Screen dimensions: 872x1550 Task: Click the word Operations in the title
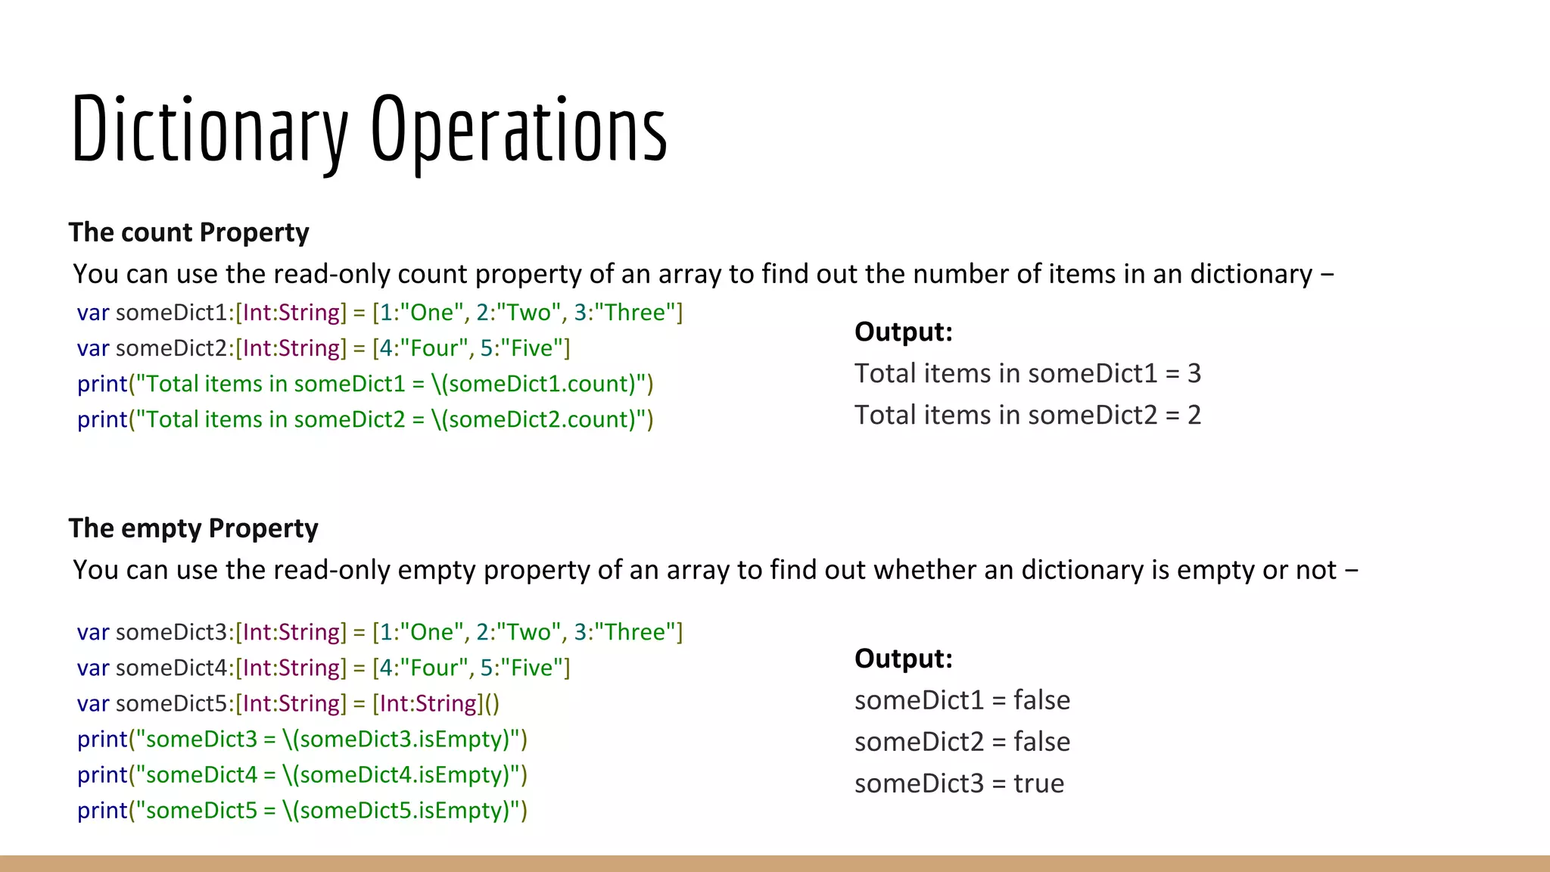pyautogui.click(x=518, y=129)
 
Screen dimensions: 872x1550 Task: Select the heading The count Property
pyautogui.click(x=188, y=232)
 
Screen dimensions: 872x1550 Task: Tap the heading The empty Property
pyautogui.click(x=193, y=528)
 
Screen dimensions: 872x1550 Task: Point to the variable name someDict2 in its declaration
pyautogui.click(x=172, y=348)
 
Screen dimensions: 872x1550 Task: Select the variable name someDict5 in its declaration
pyautogui.click(x=172, y=703)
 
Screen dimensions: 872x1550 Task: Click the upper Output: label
pyautogui.click(x=903, y=332)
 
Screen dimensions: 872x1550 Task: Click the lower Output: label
pyautogui.click(x=903, y=659)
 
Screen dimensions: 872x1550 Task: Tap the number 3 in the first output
pyautogui.click(x=1194, y=373)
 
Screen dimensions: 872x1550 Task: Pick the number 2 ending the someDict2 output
pyautogui.click(x=1194, y=415)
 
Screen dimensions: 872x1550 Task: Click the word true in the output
pyautogui.click(x=1038, y=783)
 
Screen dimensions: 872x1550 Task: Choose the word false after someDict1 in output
pyautogui.click(x=1041, y=700)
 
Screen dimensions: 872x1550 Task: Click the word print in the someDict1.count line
pyautogui.click(x=102, y=384)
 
